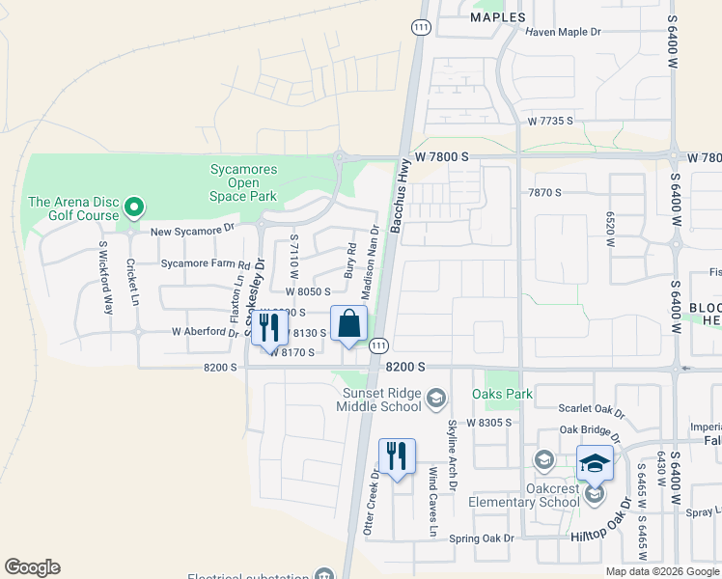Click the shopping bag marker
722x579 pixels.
349,324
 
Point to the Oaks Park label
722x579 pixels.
502,394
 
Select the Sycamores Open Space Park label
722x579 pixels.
243,182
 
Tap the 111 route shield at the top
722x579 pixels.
421,30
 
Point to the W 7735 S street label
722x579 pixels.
550,121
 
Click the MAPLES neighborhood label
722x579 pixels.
498,17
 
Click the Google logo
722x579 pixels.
33,567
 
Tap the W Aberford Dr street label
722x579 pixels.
205,332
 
